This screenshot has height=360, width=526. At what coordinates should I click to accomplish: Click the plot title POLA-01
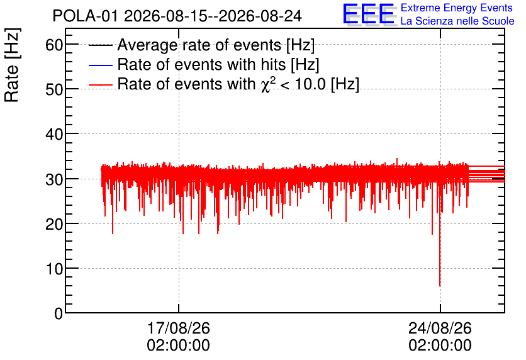tap(85, 16)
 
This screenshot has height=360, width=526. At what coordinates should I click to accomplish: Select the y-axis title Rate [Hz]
tap(12, 65)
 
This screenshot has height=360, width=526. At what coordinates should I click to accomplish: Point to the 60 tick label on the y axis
tap(54, 44)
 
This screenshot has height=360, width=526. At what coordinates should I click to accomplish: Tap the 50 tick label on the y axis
tap(54, 89)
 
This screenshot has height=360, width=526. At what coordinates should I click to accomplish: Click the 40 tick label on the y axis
tap(54, 134)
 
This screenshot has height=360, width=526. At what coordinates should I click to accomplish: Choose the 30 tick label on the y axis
tap(54, 179)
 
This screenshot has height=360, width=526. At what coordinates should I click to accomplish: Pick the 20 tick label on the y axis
tap(54, 224)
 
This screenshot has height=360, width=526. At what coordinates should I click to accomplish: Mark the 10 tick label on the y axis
tap(54, 269)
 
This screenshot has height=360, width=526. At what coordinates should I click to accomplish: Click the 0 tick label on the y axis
tap(59, 313)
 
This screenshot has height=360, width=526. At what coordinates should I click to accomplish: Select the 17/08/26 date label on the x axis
tap(179, 328)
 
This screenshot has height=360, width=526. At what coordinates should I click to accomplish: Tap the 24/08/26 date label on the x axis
tap(440, 328)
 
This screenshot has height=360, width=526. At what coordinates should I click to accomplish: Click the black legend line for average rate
tap(100, 45)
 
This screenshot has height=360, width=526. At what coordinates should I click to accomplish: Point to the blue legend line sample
tap(100, 65)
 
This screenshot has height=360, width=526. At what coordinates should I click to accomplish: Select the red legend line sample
tap(100, 84)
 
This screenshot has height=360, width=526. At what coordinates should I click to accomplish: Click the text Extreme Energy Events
tap(457, 8)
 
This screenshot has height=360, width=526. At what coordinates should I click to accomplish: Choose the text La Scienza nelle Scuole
tap(457, 21)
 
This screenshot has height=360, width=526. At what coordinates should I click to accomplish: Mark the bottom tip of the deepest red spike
tap(440, 286)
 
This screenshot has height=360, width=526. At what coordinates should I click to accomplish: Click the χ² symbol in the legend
tap(268, 84)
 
